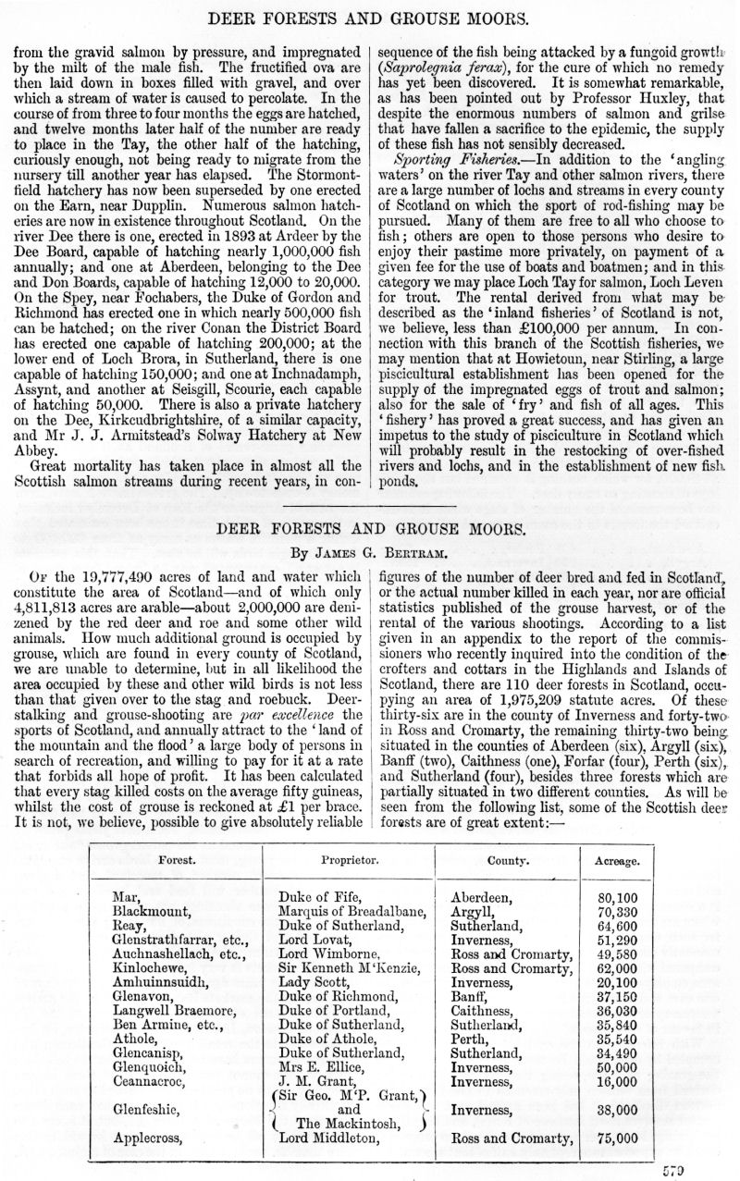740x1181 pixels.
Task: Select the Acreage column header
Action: tap(617, 860)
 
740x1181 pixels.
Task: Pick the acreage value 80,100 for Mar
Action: tap(617, 897)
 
